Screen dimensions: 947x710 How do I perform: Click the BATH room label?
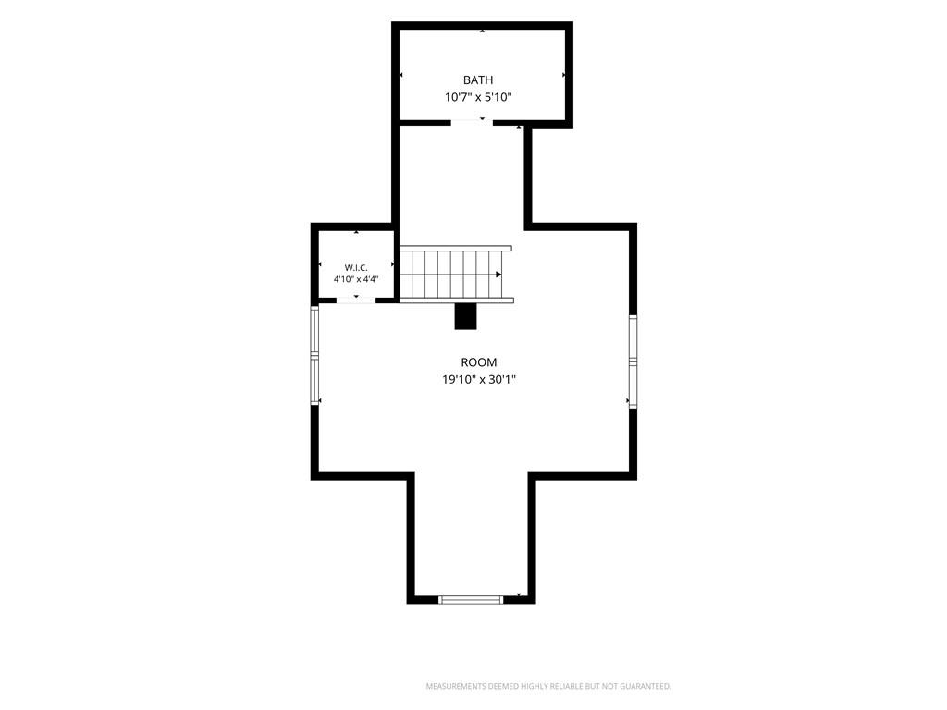[478, 80]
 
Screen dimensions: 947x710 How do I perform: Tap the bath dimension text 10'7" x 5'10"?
[478, 97]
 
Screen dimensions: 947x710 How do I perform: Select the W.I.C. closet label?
[356, 267]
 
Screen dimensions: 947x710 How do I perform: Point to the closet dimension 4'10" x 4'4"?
[356, 279]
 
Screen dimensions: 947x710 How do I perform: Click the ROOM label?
[479, 362]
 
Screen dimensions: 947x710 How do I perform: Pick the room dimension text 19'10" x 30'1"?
[479, 380]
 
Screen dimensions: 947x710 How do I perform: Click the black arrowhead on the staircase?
[498, 275]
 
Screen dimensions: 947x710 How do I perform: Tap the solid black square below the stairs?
[465, 316]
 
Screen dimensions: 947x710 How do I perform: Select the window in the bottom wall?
[471, 600]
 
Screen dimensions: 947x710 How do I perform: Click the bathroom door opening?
[472, 122]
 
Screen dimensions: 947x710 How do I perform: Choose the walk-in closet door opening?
[356, 299]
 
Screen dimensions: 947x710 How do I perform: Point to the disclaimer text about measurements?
[548, 687]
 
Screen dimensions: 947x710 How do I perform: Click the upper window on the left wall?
[314, 330]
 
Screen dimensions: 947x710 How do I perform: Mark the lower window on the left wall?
[314, 380]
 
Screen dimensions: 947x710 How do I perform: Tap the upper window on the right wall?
[633, 338]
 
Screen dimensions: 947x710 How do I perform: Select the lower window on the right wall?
[633, 386]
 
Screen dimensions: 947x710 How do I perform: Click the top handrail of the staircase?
[455, 248]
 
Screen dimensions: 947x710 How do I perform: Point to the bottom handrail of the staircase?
[457, 300]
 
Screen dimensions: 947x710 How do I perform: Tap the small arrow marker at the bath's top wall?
[482, 31]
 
